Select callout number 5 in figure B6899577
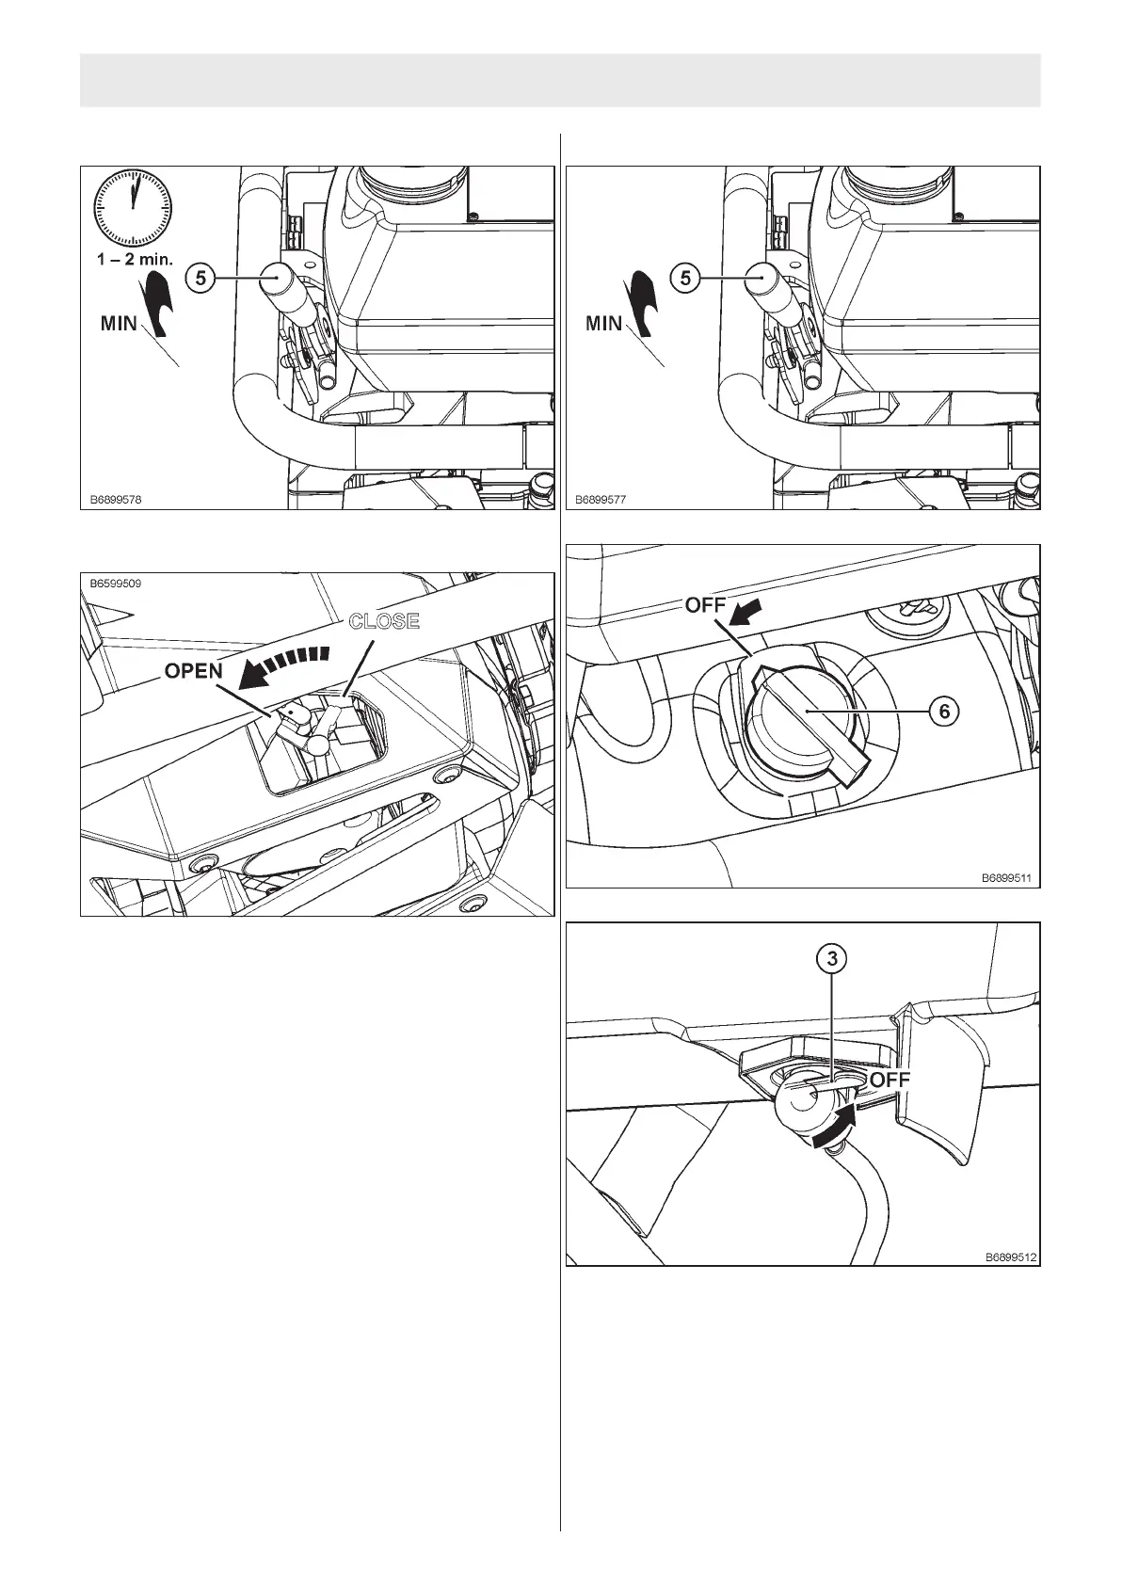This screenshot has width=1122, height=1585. click(x=684, y=279)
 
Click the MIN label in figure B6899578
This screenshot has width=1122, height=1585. click(x=119, y=324)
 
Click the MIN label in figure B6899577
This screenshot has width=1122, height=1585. click(x=603, y=324)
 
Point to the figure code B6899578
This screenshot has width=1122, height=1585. click(x=116, y=501)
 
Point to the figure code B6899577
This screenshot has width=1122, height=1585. click(x=601, y=501)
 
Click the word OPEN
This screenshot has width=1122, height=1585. click(x=194, y=672)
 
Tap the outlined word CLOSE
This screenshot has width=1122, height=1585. click(x=384, y=621)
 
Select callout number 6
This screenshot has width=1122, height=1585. click(x=944, y=712)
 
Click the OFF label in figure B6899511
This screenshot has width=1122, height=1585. click(x=705, y=606)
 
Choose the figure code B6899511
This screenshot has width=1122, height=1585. click(x=1006, y=877)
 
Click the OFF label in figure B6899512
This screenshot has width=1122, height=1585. click(x=890, y=1081)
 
